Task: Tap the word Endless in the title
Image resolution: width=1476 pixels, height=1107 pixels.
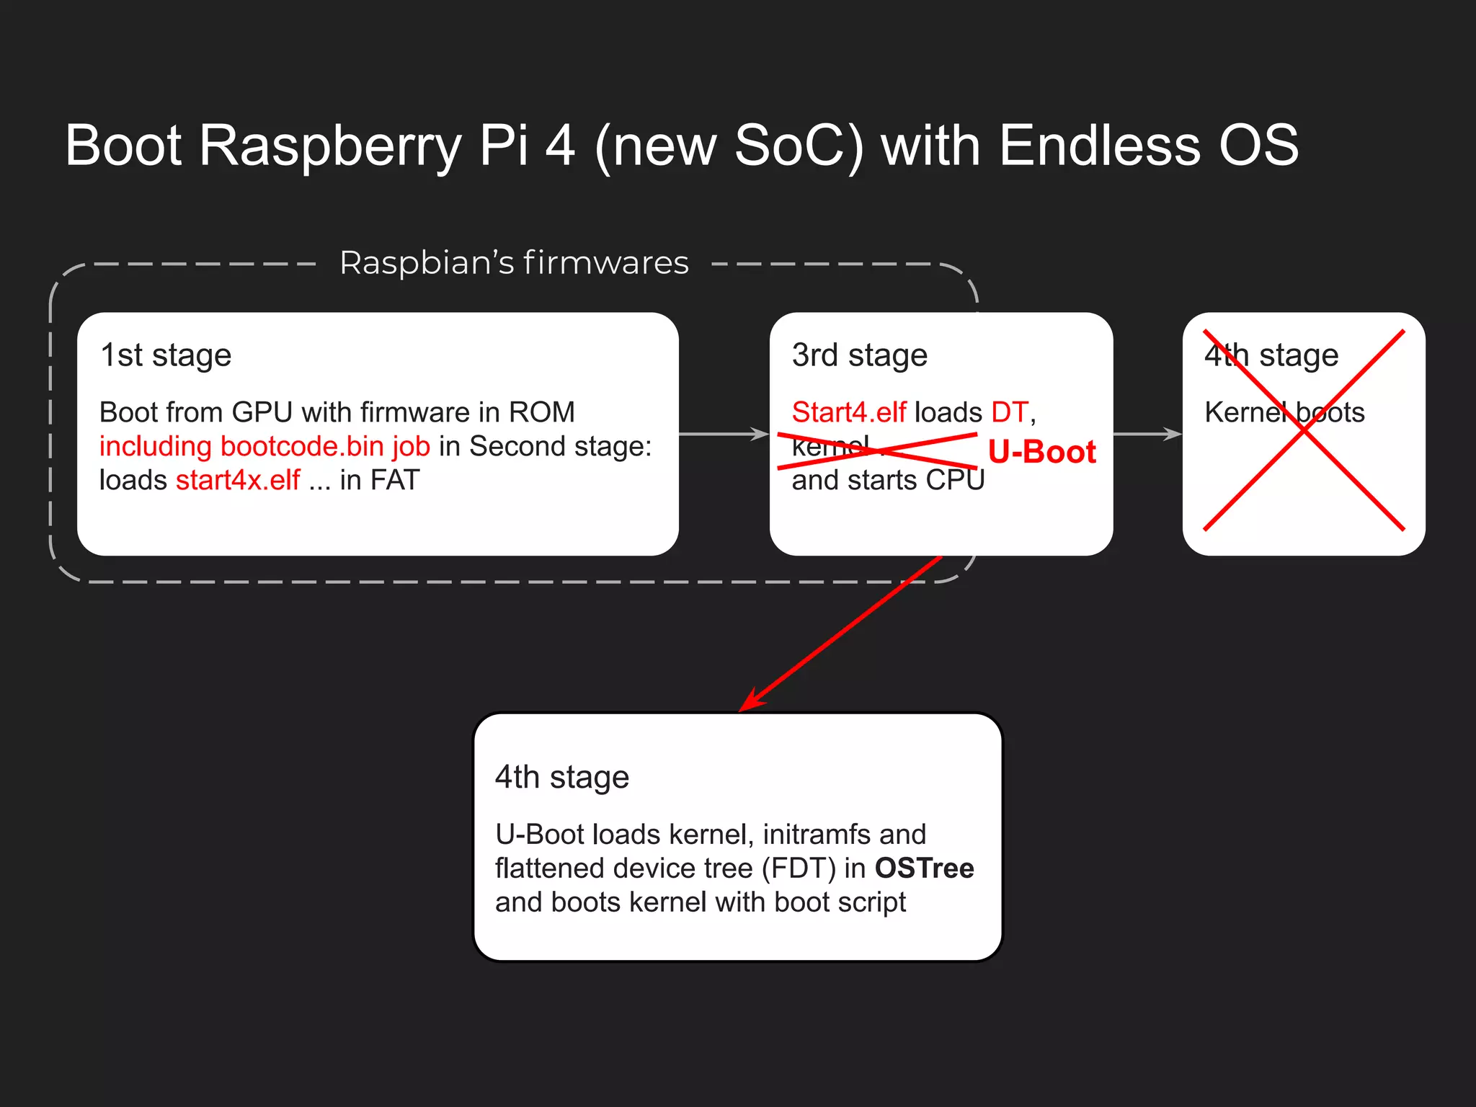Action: click(x=1100, y=146)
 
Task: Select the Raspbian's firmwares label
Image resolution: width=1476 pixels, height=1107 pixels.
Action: click(x=514, y=263)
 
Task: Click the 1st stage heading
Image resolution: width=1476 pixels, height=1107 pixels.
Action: click(x=166, y=355)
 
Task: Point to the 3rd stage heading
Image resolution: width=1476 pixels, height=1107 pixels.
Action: click(x=859, y=355)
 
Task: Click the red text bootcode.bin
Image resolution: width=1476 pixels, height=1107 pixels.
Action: click(x=302, y=446)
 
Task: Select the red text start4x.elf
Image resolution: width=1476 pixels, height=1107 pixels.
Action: click(x=238, y=480)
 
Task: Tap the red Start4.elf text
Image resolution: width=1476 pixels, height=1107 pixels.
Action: click(x=848, y=412)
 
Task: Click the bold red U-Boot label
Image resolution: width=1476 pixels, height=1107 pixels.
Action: click(x=1041, y=452)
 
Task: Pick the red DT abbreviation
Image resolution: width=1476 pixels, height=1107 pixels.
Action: click(x=1009, y=412)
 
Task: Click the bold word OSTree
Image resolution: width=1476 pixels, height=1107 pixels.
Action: click(x=924, y=868)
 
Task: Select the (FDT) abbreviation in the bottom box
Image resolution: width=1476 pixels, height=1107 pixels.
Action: click(x=799, y=868)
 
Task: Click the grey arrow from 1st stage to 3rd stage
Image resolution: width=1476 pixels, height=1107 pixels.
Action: click(x=724, y=434)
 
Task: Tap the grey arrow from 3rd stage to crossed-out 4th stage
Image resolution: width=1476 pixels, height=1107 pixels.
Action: click(x=1147, y=434)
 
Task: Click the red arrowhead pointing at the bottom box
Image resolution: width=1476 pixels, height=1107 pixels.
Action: click(x=750, y=701)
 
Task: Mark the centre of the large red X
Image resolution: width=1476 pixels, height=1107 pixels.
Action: click(x=1304, y=430)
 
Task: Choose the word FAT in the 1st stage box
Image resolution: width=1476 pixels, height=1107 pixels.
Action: click(x=395, y=480)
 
